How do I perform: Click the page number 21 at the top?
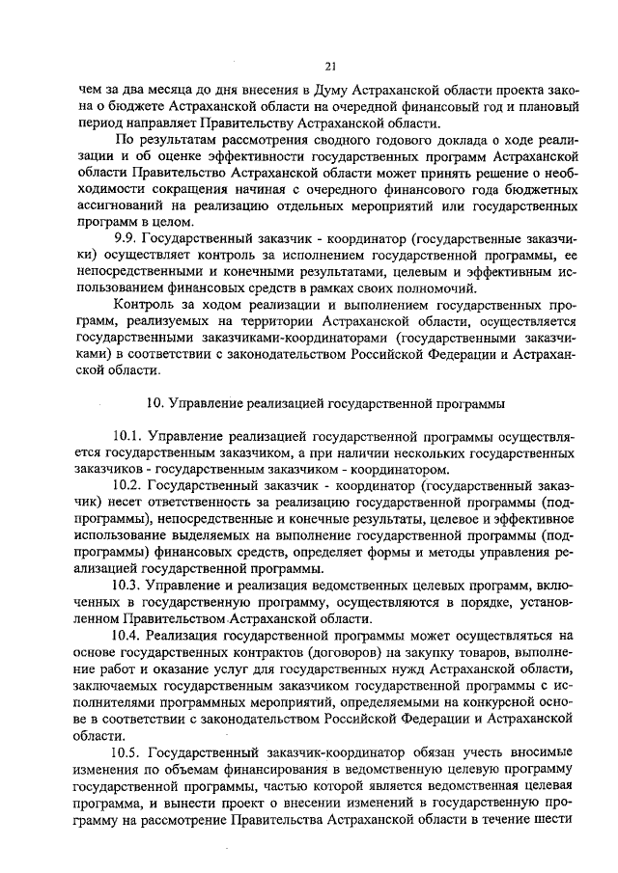330,66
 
